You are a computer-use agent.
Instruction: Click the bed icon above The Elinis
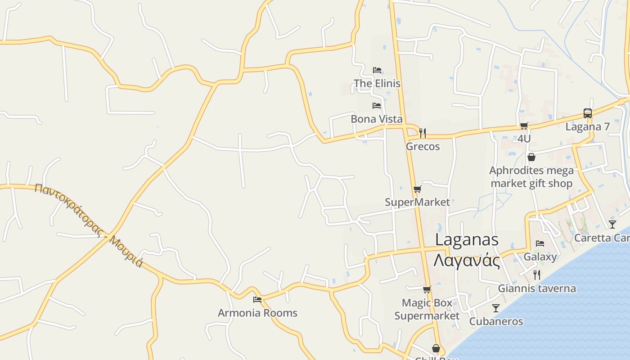tap(377, 70)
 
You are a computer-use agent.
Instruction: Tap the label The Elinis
tap(377, 83)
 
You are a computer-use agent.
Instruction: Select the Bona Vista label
tap(376, 119)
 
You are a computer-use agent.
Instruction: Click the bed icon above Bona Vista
tap(377, 106)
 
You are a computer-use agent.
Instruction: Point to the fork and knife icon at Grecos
tap(422, 133)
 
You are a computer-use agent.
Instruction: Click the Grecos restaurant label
tap(423, 146)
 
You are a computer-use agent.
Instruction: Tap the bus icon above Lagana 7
tap(587, 113)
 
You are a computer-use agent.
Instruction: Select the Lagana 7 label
tap(587, 126)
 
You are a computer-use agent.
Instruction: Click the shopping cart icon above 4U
tap(524, 126)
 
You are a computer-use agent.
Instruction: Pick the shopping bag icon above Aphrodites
tap(531, 157)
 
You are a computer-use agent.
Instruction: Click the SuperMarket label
tap(417, 202)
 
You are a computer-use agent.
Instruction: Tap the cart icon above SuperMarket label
tap(417, 189)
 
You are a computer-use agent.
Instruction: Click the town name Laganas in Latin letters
tap(467, 240)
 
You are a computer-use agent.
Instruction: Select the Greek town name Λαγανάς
tap(467, 260)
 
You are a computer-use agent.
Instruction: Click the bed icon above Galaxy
tap(540, 243)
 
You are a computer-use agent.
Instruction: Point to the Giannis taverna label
tap(537, 288)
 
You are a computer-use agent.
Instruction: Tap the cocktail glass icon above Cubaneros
tap(496, 308)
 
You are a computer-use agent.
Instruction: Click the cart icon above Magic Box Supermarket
tap(427, 290)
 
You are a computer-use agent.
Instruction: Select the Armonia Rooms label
tap(257, 313)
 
